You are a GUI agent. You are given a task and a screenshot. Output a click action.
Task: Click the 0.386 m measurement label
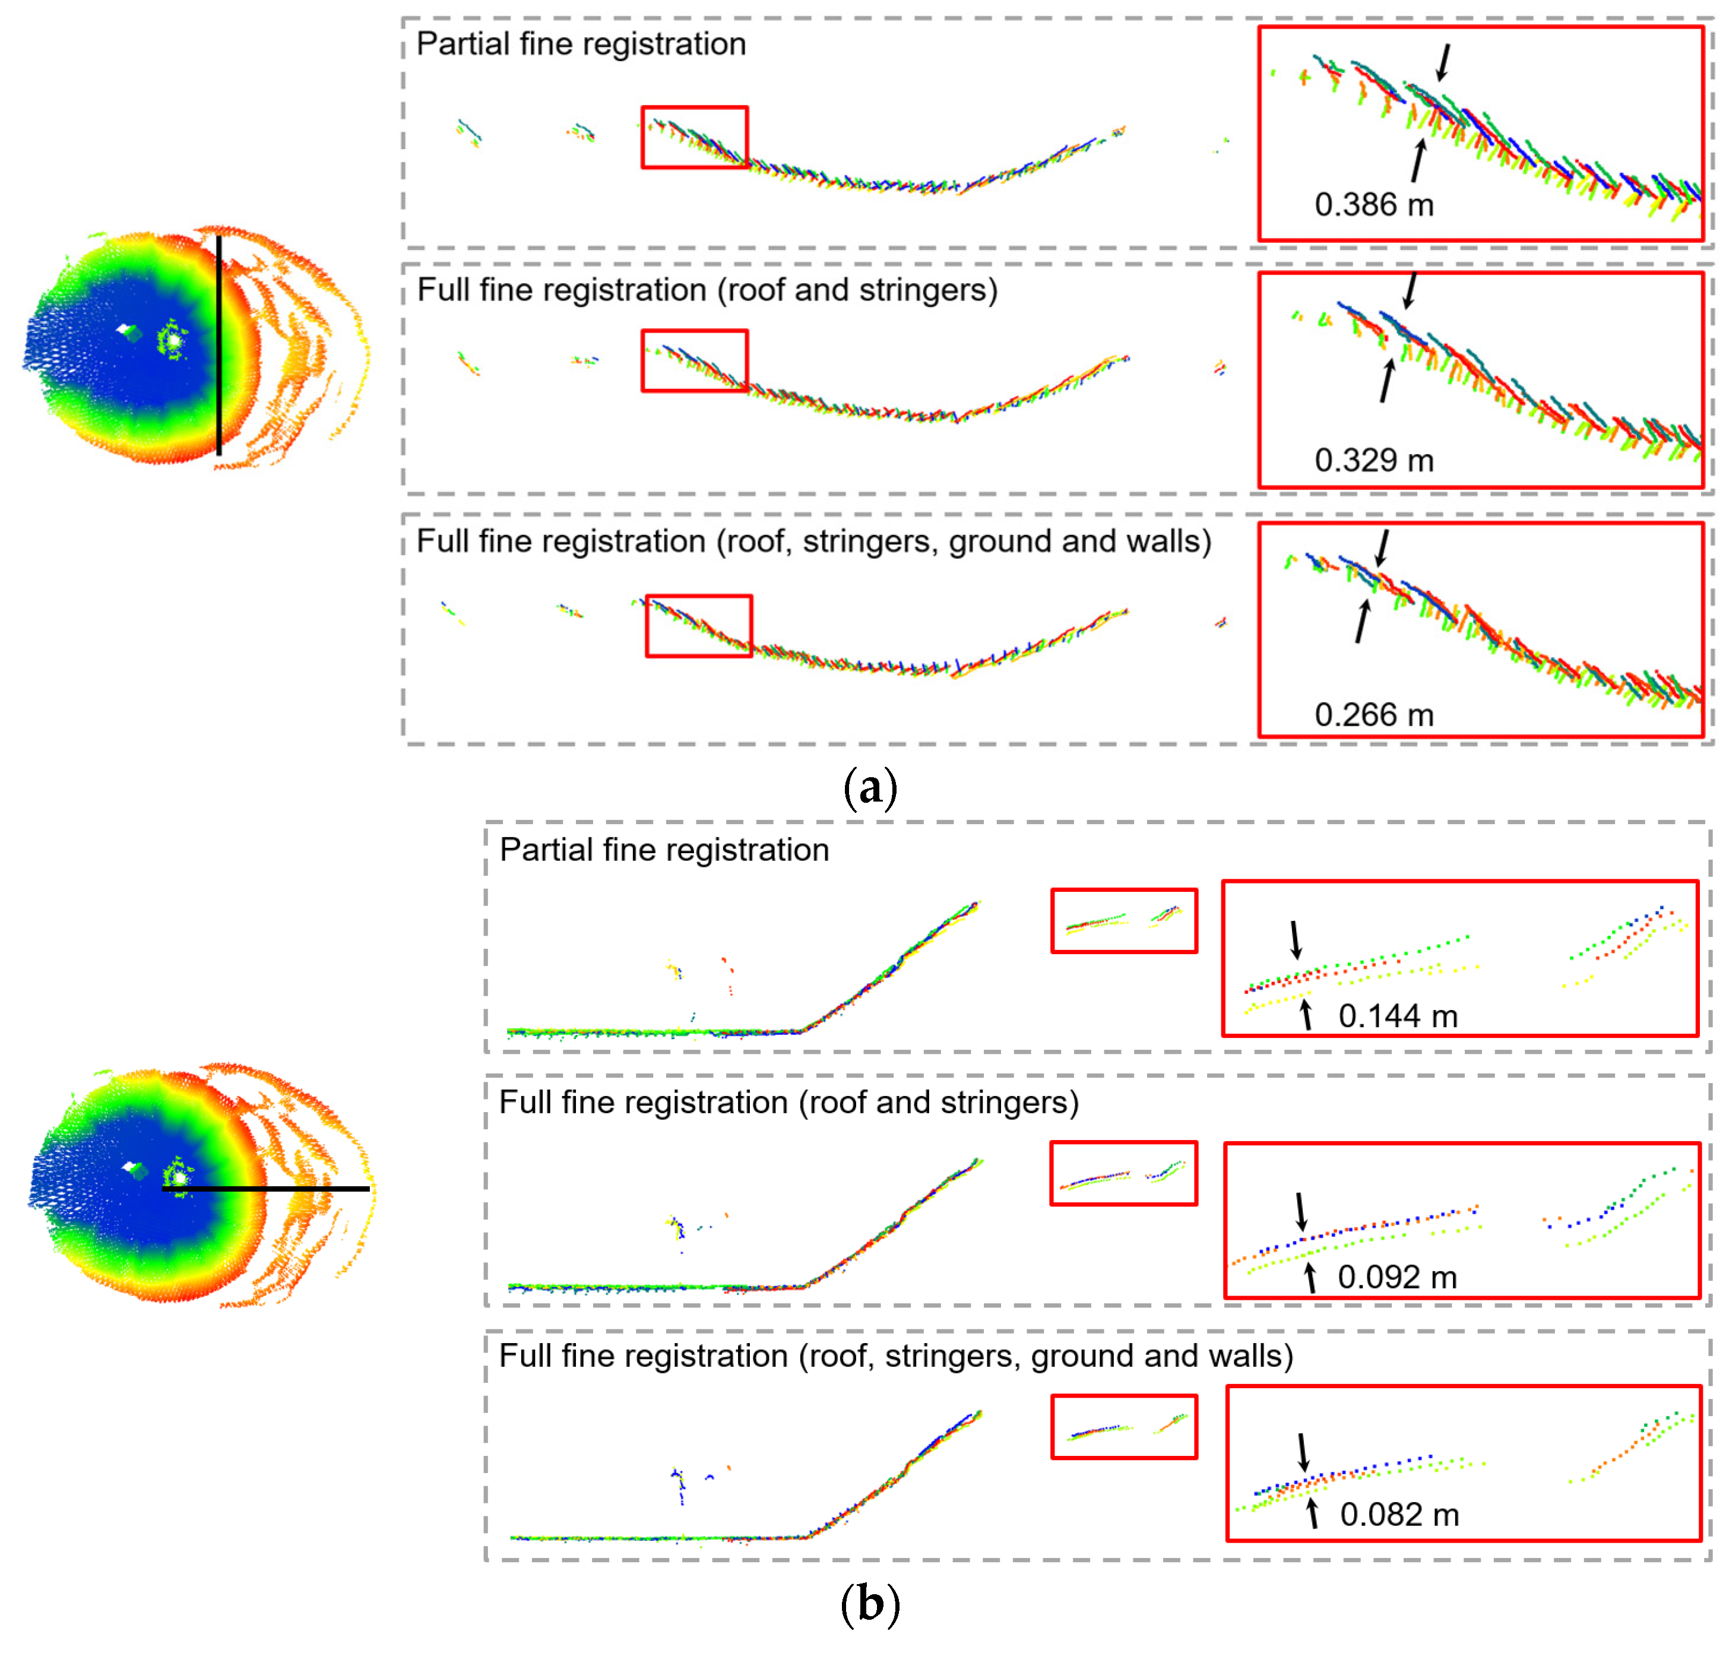coord(1374,205)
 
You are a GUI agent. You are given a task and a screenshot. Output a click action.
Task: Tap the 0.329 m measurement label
coord(1374,461)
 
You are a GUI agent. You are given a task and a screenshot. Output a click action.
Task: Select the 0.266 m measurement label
coord(1374,715)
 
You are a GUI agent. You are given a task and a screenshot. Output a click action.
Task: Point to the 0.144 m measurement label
coord(1398,1016)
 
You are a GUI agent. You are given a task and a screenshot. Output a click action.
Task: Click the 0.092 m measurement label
coord(1396,1277)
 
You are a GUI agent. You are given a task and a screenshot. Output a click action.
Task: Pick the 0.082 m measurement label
coord(1399,1515)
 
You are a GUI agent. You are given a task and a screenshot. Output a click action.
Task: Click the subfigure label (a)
coord(870,787)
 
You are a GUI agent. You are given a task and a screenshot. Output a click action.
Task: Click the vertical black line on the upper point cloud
coord(219,343)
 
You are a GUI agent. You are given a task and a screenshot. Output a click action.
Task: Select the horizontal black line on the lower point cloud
coord(264,1189)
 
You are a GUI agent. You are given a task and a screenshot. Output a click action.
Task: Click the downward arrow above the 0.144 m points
coord(1296,940)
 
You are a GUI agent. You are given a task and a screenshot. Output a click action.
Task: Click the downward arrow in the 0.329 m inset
coord(1410,290)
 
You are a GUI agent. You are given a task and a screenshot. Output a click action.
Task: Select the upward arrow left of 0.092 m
coord(1310,1277)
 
